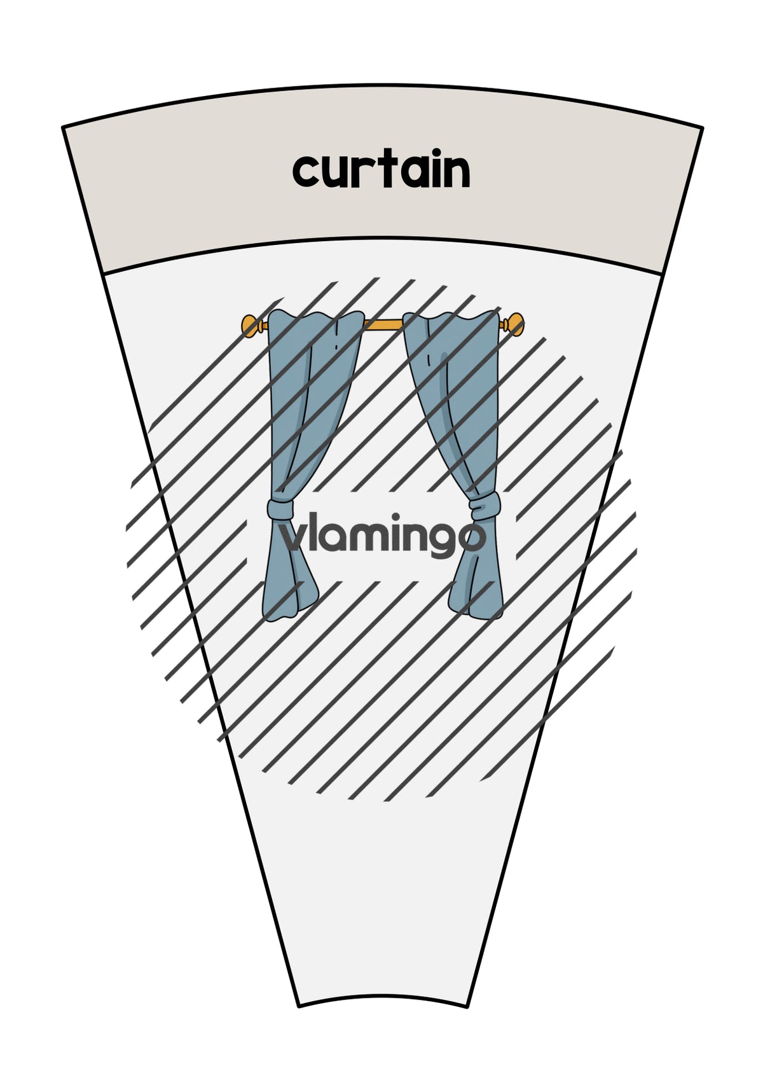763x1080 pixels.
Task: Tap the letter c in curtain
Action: click(x=306, y=172)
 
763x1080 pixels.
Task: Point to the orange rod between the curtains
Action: click(x=383, y=324)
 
